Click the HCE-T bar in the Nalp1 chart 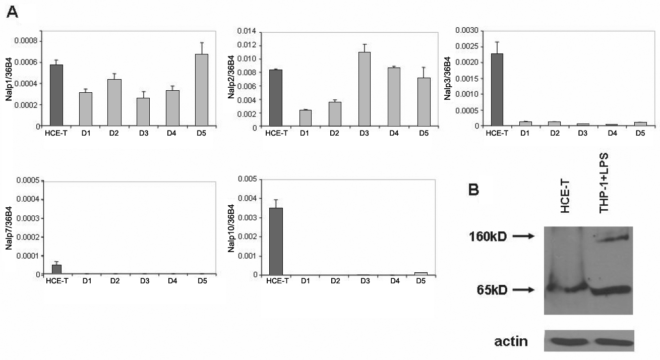(56, 95)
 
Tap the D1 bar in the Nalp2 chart (305, 118)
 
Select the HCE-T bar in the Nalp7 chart (56, 270)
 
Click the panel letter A (12, 12)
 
